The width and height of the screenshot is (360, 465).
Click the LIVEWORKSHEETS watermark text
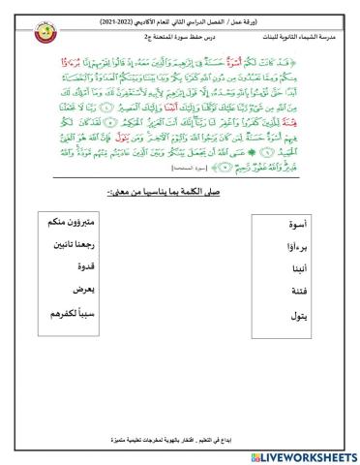[305, 455]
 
